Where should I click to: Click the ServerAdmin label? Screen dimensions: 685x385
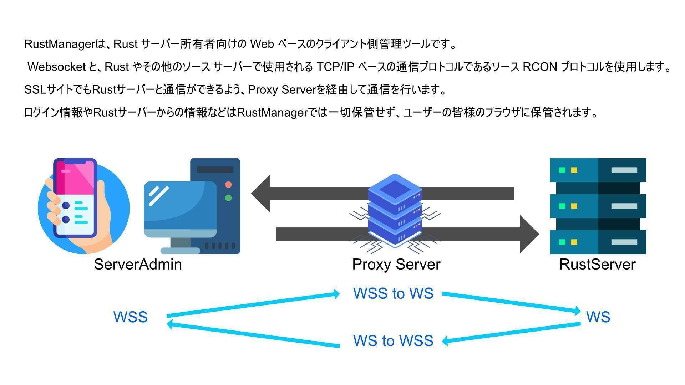tap(138, 265)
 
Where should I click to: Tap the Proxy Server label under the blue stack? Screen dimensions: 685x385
tap(396, 265)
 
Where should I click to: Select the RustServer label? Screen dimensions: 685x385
tap(597, 265)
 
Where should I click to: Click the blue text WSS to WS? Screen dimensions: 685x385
tap(393, 293)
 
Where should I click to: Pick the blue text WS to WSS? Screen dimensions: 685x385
tap(393, 341)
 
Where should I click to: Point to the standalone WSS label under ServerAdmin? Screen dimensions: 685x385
tap(130, 317)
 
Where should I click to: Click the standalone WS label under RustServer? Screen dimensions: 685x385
tap(598, 317)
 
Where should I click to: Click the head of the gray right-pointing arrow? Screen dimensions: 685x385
tap(529, 234)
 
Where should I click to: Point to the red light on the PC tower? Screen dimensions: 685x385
tap(228, 185)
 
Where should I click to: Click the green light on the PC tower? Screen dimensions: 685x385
tap(228, 198)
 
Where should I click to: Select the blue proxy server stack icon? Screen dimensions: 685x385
tap(395, 210)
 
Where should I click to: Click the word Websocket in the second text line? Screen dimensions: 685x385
tap(57, 67)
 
